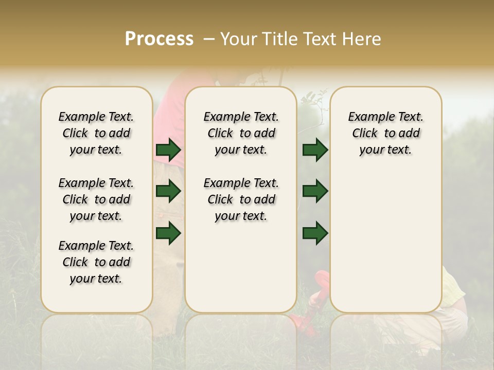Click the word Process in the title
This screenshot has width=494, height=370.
point(159,39)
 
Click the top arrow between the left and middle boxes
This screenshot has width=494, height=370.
point(168,150)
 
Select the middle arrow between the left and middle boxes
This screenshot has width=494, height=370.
point(168,192)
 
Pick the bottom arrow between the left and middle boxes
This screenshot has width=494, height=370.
point(168,233)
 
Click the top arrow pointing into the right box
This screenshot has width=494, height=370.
point(315,150)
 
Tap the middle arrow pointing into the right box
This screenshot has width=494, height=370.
point(315,192)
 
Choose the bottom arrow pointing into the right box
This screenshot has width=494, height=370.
point(315,233)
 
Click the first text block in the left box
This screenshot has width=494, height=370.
point(96,133)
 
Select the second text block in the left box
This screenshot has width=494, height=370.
point(96,199)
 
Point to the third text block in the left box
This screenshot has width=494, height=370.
point(96,262)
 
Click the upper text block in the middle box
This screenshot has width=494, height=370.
point(241,133)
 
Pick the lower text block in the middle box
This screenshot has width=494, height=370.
point(241,199)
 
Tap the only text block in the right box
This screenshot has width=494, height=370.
point(385,133)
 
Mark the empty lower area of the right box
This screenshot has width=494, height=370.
point(385,236)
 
